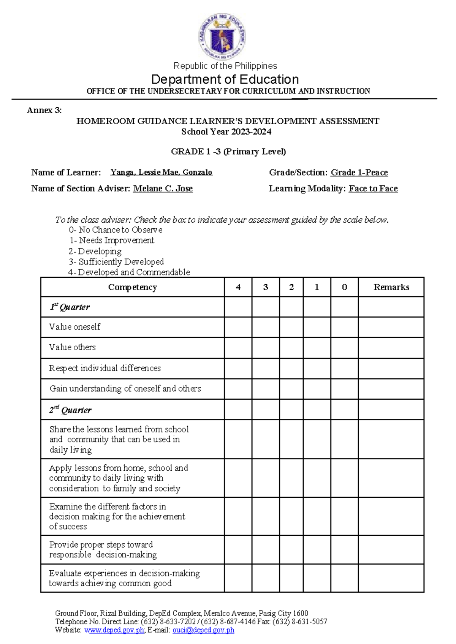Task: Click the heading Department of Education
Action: click(225, 79)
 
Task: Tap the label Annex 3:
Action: click(44, 110)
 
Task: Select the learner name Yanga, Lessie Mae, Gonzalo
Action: click(161, 172)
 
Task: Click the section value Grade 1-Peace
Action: click(359, 172)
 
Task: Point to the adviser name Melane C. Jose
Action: click(163, 188)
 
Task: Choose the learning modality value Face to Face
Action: click(373, 188)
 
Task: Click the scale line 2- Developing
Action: click(95, 251)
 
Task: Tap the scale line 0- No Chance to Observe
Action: click(116, 230)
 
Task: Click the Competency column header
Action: click(132, 287)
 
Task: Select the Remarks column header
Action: click(391, 287)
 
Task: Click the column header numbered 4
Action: click(238, 287)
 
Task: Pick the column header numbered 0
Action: click(344, 287)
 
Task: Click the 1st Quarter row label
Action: click(70, 307)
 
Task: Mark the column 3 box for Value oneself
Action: click(266, 327)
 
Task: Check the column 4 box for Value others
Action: click(238, 348)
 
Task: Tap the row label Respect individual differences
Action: click(105, 368)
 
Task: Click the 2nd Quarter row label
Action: click(70, 410)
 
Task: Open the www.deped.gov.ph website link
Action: click(114, 630)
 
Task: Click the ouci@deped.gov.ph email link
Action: click(203, 630)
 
